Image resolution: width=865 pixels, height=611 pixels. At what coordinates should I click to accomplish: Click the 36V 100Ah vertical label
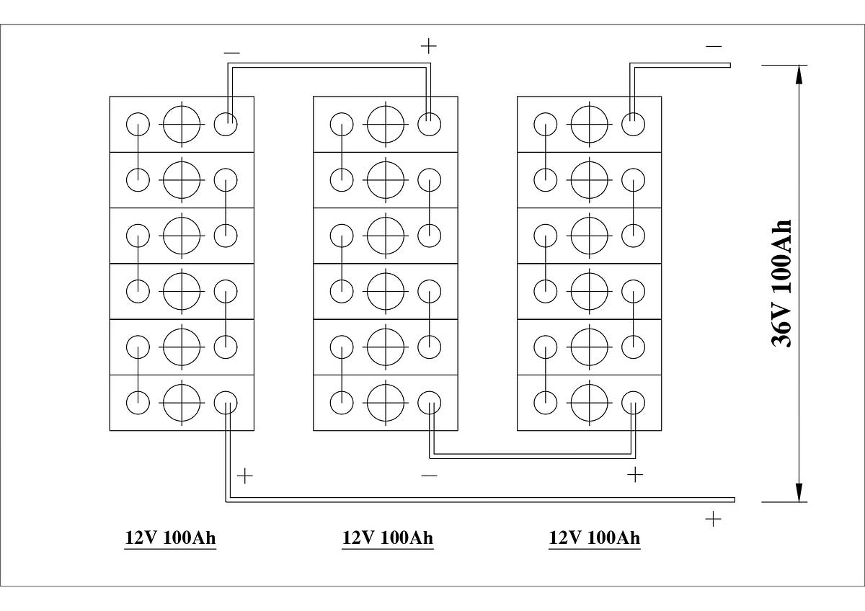pos(781,283)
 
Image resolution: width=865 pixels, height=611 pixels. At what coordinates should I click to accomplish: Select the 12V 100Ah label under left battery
pos(170,538)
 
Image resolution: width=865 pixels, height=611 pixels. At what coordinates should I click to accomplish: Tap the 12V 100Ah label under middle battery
pos(388,538)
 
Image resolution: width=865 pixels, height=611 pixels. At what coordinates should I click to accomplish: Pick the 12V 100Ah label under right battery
pos(595,538)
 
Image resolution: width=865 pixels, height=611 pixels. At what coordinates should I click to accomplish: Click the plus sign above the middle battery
pos(429,46)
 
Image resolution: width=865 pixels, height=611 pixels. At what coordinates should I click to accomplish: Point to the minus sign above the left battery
pos(231,53)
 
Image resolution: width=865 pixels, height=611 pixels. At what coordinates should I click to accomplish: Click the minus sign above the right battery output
pos(714,47)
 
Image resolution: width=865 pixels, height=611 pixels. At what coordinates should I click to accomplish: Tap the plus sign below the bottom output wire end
pos(713,519)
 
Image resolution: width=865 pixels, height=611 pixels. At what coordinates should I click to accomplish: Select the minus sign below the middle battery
pos(430,476)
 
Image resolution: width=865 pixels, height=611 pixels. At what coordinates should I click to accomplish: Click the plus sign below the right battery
pos(635,474)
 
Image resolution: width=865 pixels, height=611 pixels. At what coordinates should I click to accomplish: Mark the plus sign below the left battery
pos(245,476)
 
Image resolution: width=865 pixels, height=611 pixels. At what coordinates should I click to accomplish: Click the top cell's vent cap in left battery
pos(182,124)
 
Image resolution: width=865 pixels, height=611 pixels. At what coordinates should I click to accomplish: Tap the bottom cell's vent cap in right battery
pos(590,403)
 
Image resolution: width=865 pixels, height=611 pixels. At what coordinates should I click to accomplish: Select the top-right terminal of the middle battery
pos(430,124)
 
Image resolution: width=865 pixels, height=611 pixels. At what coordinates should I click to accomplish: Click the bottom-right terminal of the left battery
pos(226,403)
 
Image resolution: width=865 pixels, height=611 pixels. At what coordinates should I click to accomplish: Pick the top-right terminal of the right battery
pos(634,124)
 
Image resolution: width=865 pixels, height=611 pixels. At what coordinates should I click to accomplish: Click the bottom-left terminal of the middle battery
pos(342,403)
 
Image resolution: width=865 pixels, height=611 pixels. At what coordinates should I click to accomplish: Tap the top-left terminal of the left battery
pos(138,124)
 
